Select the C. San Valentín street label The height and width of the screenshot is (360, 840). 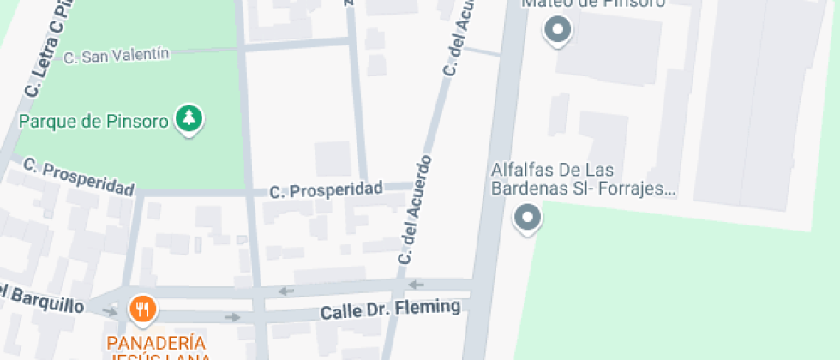(117, 56)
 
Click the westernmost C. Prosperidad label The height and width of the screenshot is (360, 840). (78, 176)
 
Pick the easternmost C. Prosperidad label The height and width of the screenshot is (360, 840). (326, 189)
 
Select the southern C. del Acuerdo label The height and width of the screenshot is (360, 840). (415, 208)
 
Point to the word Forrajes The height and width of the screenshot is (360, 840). (640, 189)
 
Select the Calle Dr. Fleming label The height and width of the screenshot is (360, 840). (390, 309)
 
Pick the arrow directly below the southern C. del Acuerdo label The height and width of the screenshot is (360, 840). (417, 285)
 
